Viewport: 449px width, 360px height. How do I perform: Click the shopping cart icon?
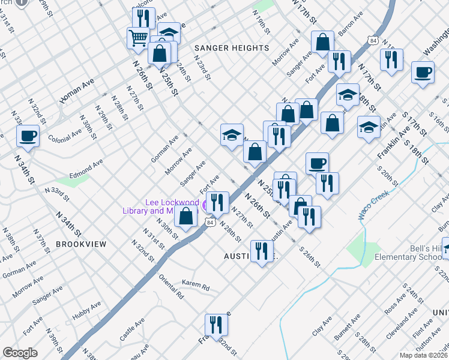(x=138, y=38)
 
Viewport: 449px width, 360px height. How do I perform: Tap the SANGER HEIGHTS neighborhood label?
(x=231, y=48)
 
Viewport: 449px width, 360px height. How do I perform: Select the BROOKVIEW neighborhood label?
(x=81, y=244)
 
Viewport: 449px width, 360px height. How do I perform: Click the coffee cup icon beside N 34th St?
(x=28, y=136)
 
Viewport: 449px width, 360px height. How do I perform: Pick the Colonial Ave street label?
(x=64, y=134)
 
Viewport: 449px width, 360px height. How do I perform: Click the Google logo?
(x=20, y=352)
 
